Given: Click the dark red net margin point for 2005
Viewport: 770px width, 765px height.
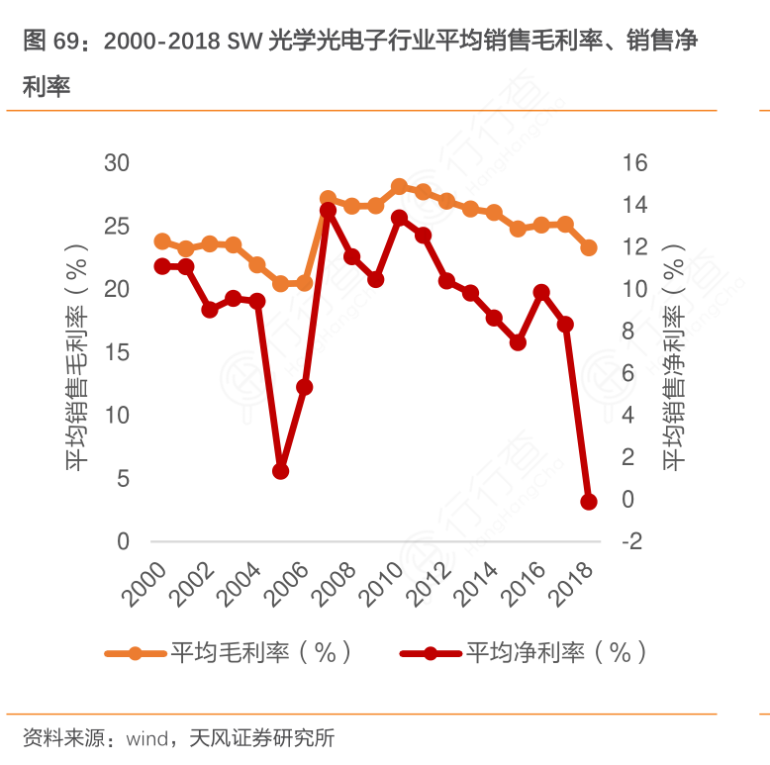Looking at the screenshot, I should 281,471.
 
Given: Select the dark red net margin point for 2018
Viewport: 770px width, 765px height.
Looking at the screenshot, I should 589,502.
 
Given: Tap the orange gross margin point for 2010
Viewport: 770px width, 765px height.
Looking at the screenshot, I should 400,186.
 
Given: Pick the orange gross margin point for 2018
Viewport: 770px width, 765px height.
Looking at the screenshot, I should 589,247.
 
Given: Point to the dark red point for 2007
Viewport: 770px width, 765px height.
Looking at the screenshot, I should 329,210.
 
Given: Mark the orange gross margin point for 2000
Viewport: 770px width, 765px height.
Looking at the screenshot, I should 162,241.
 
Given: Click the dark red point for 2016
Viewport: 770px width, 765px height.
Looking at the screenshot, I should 541,292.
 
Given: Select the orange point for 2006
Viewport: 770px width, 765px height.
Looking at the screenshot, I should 305,283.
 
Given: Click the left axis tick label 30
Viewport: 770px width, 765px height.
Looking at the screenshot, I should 117,162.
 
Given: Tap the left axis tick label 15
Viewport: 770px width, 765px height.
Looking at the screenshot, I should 117,352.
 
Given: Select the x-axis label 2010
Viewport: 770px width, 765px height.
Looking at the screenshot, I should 386,584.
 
